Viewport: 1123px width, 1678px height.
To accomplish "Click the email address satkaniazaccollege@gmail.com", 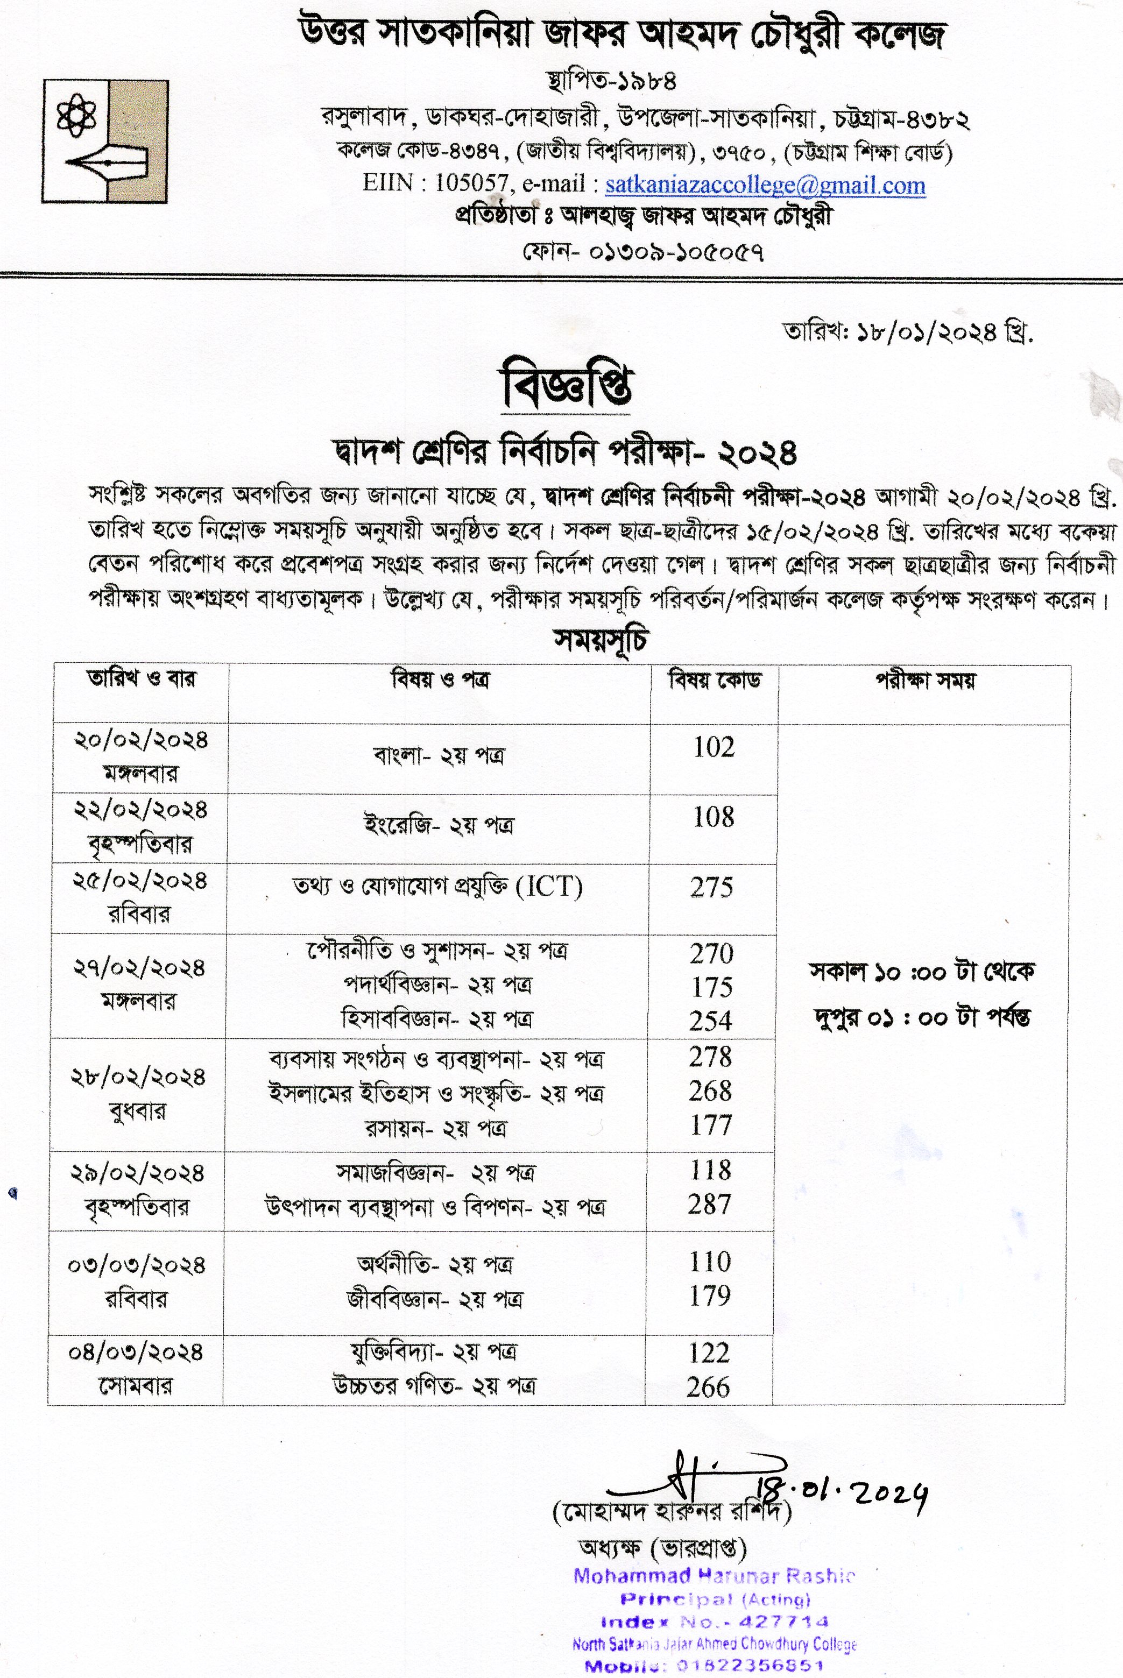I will pyautogui.click(x=765, y=186).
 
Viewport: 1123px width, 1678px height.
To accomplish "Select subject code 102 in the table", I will pyautogui.click(x=714, y=747).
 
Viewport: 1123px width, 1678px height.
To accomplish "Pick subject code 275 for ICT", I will pyautogui.click(x=712, y=888).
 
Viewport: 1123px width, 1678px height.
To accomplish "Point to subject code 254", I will pyautogui.click(x=711, y=1021).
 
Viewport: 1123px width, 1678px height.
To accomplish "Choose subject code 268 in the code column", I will pyautogui.click(x=710, y=1091).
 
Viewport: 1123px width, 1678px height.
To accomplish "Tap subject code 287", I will pyautogui.click(x=709, y=1204).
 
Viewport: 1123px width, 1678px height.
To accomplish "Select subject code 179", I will pyautogui.click(x=709, y=1295).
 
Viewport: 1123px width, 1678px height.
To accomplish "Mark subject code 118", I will pyautogui.click(x=710, y=1170).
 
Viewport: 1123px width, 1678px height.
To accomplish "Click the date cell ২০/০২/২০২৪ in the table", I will pyautogui.click(x=140, y=740).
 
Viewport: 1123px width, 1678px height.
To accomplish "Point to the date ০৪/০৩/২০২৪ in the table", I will pyautogui.click(x=136, y=1353).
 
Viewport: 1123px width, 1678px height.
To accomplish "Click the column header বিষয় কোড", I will pyautogui.click(x=714, y=680).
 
